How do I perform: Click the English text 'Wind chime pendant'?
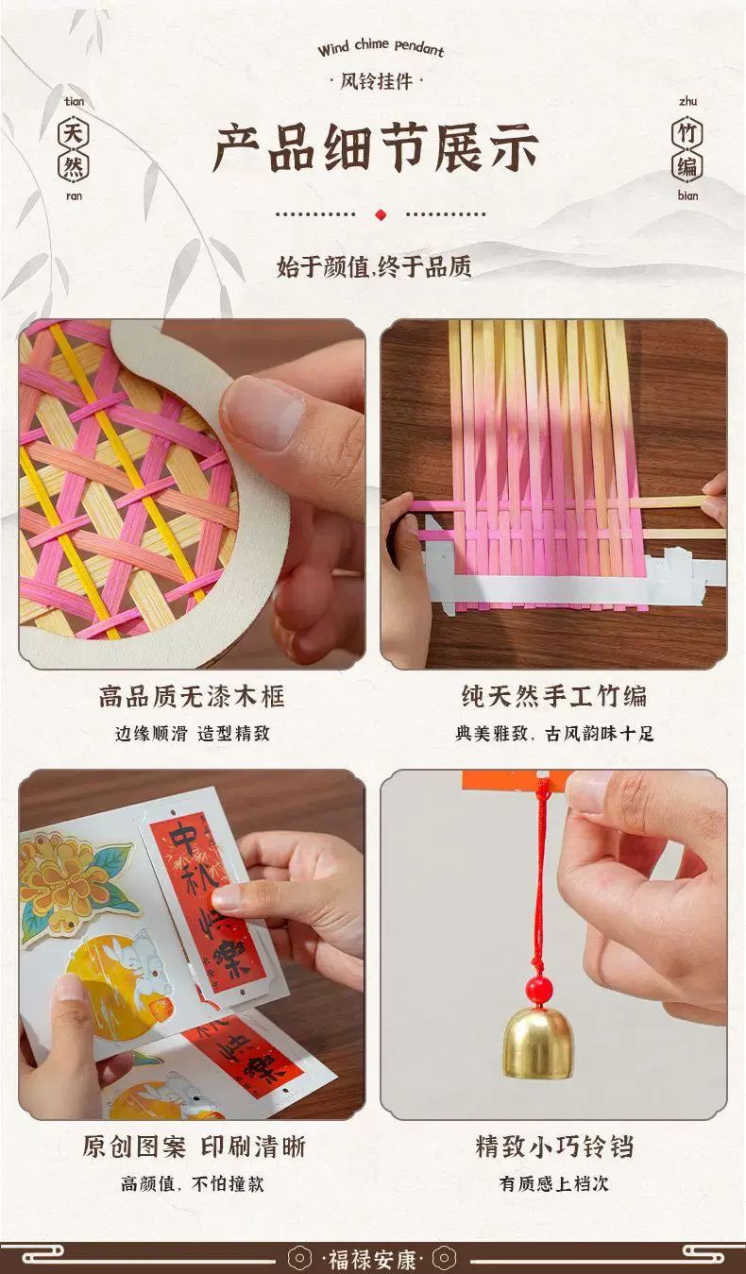[x=381, y=48]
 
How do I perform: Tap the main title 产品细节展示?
[x=376, y=148]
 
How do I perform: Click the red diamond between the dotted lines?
[x=381, y=214]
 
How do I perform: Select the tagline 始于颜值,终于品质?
[x=374, y=266]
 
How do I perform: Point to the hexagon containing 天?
[x=74, y=134]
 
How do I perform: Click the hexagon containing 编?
[x=687, y=166]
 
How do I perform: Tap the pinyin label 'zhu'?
[x=687, y=101]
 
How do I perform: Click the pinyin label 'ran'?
[x=74, y=196]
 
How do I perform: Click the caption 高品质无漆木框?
[x=192, y=696]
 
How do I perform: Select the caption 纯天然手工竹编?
[x=553, y=696]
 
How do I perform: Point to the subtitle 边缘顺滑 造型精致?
[x=193, y=733]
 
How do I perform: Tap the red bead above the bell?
[x=538, y=989]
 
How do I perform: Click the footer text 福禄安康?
[x=372, y=1258]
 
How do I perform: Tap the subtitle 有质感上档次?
[x=553, y=1183]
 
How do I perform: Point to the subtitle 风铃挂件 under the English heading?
[x=376, y=81]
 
